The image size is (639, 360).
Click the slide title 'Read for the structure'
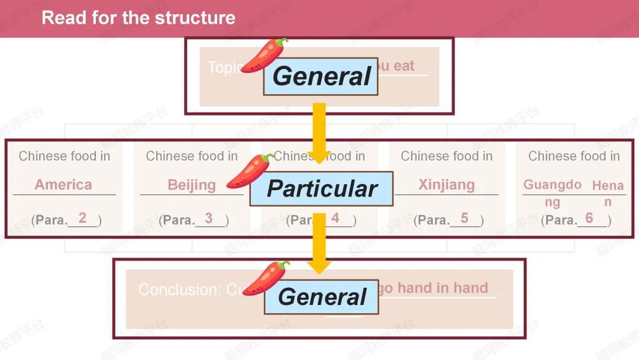click(138, 18)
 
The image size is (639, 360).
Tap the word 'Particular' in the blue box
click(322, 189)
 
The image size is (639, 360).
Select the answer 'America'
click(63, 185)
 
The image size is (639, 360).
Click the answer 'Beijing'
click(192, 185)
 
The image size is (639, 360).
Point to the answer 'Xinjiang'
click(447, 185)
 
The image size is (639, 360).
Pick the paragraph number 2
click(82, 218)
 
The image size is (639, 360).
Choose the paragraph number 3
click(209, 218)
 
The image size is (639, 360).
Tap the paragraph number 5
click(464, 218)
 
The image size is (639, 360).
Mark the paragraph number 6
click(589, 218)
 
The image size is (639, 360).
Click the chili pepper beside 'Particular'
click(250, 171)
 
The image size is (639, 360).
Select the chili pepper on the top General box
click(264, 56)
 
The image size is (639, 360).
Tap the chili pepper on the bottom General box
click(266, 278)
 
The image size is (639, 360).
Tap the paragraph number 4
click(335, 218)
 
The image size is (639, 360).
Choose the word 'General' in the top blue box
click(321, 76)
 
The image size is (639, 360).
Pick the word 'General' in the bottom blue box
click(322, 297)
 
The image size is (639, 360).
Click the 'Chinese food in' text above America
click(64, 156)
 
